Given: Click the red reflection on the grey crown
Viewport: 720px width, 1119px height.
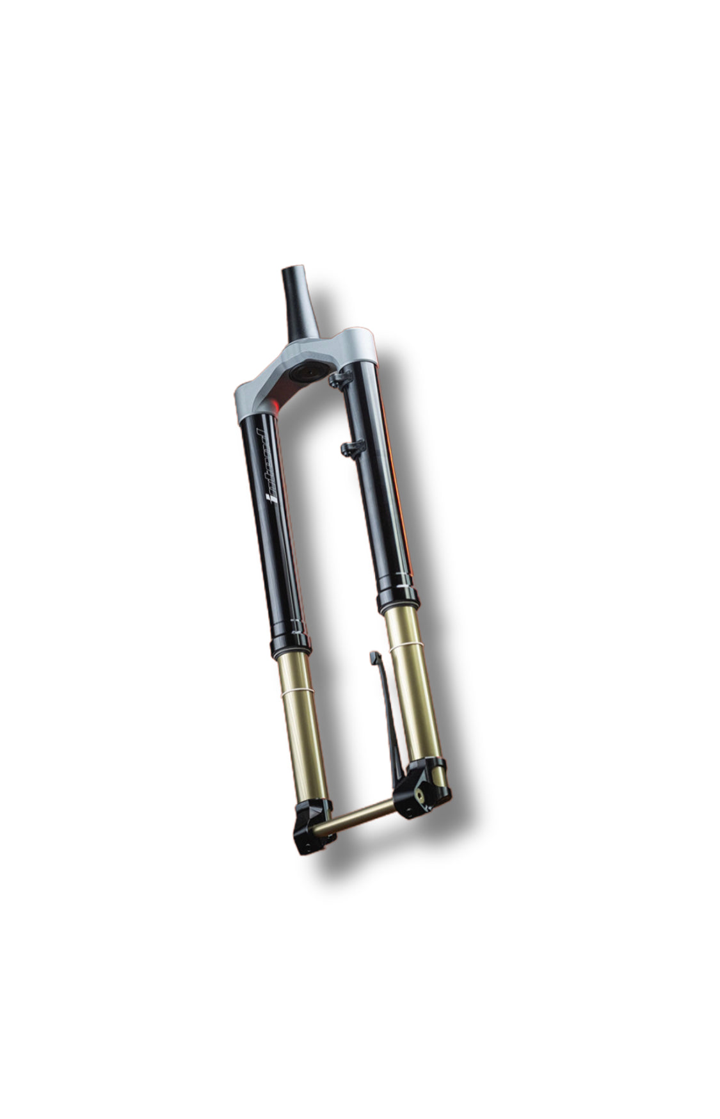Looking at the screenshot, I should (273, 403).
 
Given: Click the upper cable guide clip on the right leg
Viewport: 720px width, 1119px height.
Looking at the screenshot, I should (339, 379).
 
